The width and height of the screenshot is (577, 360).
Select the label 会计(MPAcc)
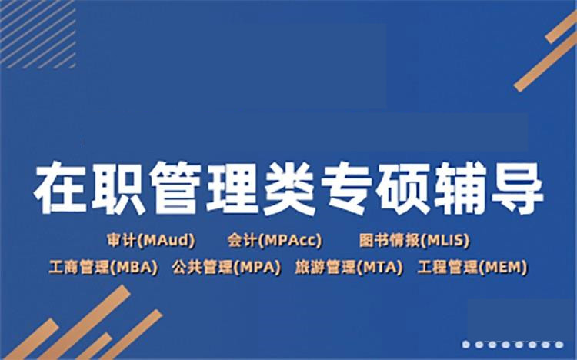pos(274,240)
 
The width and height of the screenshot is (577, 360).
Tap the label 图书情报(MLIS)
pos(414,240)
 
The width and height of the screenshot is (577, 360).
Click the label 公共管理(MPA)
pos(224,267)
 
